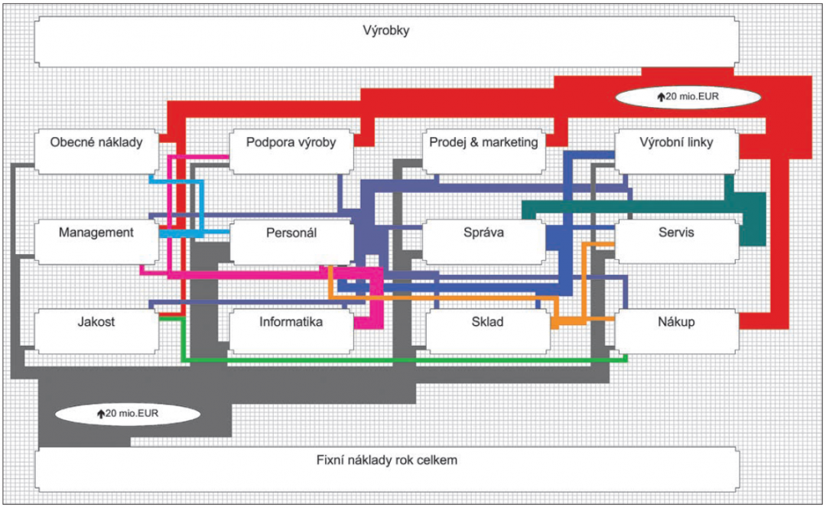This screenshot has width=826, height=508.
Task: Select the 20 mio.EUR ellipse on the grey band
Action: click(x=128, y=413)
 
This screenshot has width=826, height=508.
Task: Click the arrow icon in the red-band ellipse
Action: click(x=661, y=97)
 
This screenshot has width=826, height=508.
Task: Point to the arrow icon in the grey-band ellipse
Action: click(x=100, y=414)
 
